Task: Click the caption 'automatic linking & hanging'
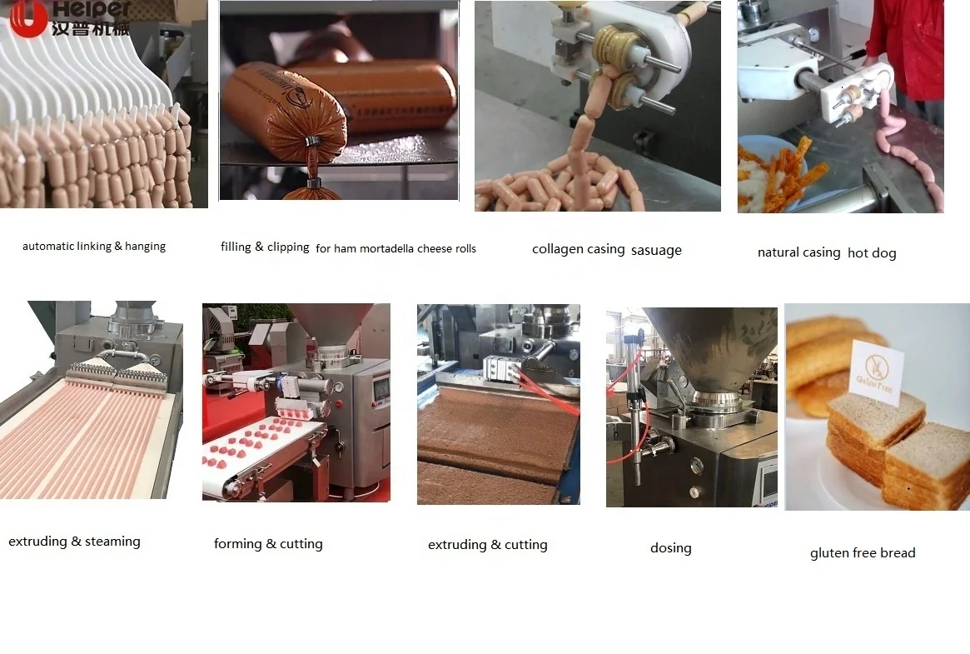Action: pyautogui.click(x=94, y=247)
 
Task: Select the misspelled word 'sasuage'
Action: pyautogui.click(x=656, y=250)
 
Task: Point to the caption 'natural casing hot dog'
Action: pyautogui.click(x=826, y=252)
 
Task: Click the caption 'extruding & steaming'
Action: pyautogui.click(x=74, y=542)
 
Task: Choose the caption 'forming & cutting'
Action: pyautogui.click(x=268, y=544)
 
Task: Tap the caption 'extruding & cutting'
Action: pyautogui.click(x=487, y=545)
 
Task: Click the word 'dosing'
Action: pyautogui.click(x=670, y=548)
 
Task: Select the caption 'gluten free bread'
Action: pyautogui.click(x=862, y=553)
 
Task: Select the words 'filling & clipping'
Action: pyautogui.click(x=265, y=247)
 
